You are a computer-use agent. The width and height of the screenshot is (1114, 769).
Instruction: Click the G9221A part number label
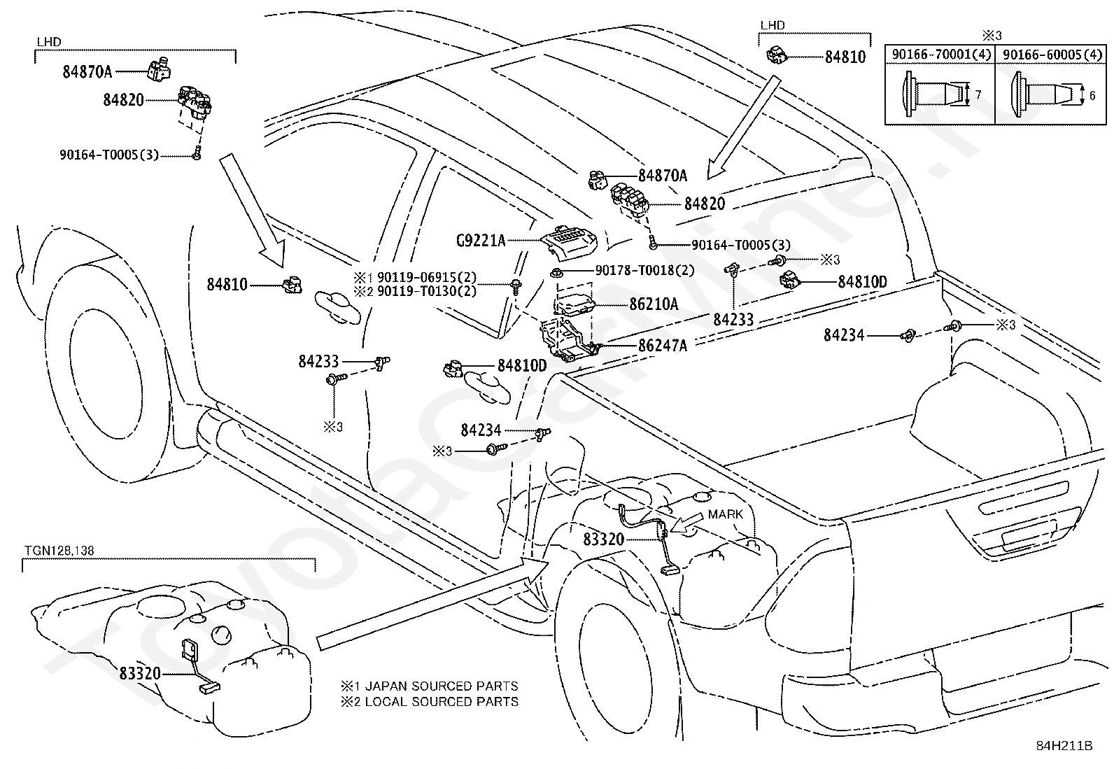tap(481, 241)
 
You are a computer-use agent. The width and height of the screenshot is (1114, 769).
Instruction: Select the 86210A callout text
tap(654, 304)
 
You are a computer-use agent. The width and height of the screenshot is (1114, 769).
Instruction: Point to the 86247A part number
tap(663, 345)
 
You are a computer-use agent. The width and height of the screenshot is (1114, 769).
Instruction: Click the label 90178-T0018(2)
tap(644, 270)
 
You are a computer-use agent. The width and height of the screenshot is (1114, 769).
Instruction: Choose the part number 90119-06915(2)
tap(426, 278)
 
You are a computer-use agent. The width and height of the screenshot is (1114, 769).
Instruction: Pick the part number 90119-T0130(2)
tap(426, 291)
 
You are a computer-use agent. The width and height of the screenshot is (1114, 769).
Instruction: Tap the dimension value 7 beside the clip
tap(978, 94)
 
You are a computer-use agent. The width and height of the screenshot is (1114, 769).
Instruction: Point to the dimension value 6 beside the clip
tap(1092, 95)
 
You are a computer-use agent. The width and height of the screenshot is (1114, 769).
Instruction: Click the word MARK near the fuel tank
tap(725, 514)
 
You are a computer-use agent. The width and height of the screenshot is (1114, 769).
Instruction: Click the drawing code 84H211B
tap(1064, 746)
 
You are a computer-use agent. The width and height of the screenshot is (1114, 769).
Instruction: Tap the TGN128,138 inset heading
tap(59, 551)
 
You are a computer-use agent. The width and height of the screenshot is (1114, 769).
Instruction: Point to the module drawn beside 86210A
tap(574, 304)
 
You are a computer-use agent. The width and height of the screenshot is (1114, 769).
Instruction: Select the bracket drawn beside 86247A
tap(568, 340)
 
